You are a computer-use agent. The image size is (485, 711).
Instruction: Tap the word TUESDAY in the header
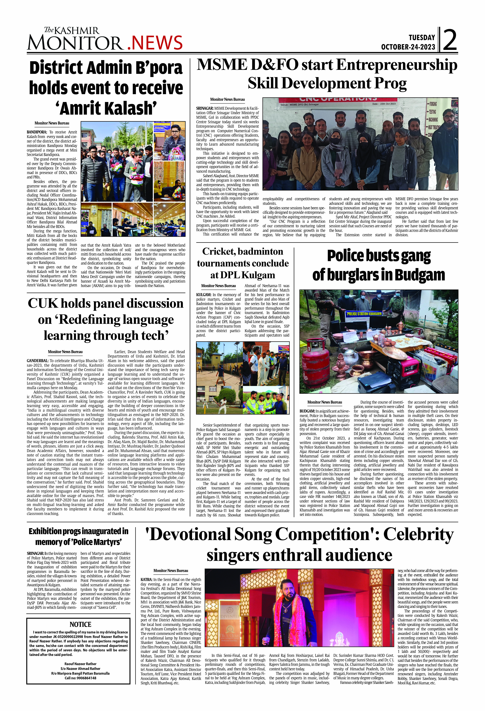point(422,38)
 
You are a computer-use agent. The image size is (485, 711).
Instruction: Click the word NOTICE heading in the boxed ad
point(80,624)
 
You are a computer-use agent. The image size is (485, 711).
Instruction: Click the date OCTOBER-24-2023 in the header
point(408,47)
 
